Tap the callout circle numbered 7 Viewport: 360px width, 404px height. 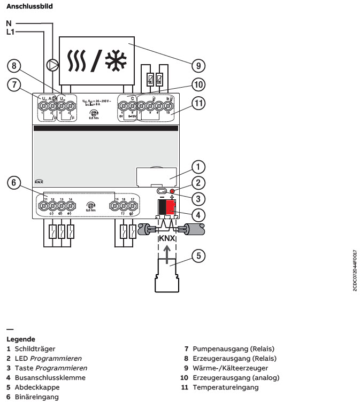point(14,84)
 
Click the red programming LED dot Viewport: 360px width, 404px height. point(172,191)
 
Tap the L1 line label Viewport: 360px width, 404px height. point(11,33)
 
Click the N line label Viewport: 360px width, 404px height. point(9,24)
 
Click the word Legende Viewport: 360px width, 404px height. point(21,339)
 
